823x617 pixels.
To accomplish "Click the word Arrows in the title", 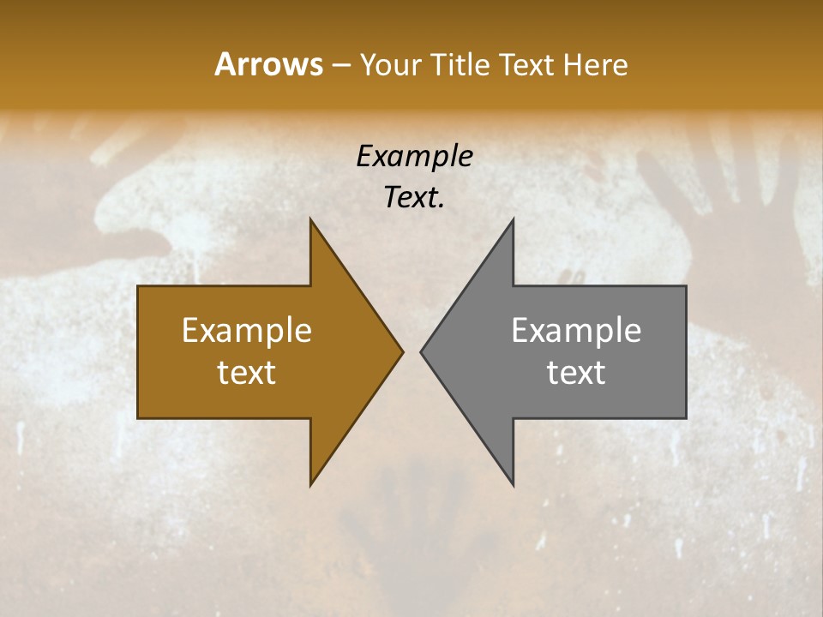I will pyautogui.click(x=268, y=64).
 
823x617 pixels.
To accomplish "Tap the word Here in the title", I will pyautogui.click(x=595, y=64).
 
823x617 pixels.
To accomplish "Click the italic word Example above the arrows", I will pyautogui.click(x=414, y=157).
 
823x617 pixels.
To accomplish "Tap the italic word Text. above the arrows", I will pyautogui.click(x=414, y=197).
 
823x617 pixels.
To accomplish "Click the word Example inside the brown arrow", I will pyautogui.click(x=247, y=331).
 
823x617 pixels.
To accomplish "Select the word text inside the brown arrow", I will pyautogui.click(x=247, y=373).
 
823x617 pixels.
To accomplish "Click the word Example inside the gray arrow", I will pyautogui.click(x=576, y=331).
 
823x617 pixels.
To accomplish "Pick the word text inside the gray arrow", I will pyautogui.click(x=576, y=373).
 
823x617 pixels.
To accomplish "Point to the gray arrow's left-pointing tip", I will pyautogui.click(x=423, y=351).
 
